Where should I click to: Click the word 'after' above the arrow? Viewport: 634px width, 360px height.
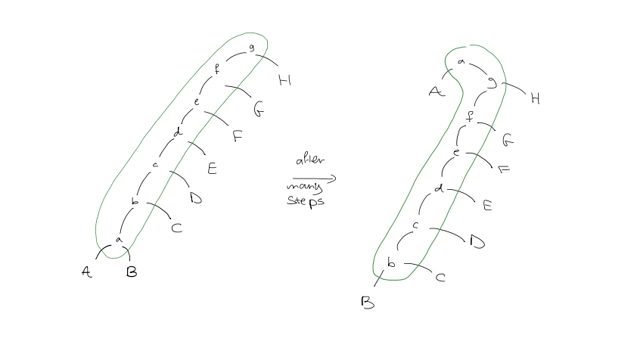pos(310,160)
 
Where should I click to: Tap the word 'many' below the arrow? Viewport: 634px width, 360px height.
pos(304,187)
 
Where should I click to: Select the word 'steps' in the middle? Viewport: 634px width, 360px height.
pos(306,201)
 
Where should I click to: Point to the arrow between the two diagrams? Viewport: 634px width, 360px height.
pos(314,178)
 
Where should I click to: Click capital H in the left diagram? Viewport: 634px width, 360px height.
pos(284,80)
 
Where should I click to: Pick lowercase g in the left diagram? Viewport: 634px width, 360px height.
pos(251,48)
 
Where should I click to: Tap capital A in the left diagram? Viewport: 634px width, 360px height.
pos(86,272)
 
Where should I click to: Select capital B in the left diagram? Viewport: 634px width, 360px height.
pos(132,272)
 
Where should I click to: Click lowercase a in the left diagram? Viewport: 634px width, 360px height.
pos(119,240)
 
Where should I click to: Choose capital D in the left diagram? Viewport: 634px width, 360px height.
pos(196,198)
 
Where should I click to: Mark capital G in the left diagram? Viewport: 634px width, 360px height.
pos(259,109)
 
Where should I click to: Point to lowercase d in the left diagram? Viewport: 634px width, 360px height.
pos(178,132)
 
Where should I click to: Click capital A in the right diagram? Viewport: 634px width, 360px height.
pos(437,92)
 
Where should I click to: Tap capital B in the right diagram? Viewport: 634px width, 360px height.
pos(368,303)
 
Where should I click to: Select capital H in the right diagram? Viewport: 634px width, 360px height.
pos(536,98)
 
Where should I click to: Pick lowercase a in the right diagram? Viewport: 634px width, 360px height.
pos(461,62)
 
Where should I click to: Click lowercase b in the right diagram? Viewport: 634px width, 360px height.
pos(391,262)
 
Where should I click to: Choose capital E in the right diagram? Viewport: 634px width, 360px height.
pos(488,206)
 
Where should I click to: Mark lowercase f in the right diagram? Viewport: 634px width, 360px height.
pos(469,116)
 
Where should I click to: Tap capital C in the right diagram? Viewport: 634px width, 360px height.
pos(440,277)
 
